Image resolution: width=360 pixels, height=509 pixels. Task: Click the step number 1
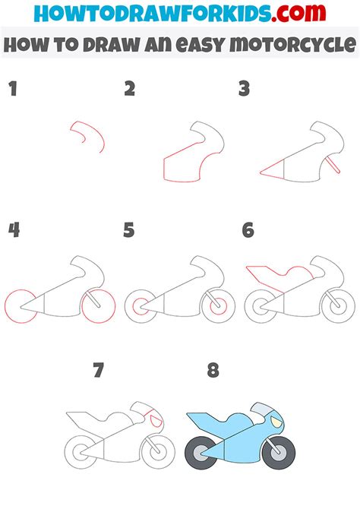point(12,90)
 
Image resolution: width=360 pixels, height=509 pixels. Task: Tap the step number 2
point(130,90)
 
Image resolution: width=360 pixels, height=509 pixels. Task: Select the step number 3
point(245,90)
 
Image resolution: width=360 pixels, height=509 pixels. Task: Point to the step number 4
point(13,230)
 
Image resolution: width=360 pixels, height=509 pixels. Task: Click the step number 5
point(129,230)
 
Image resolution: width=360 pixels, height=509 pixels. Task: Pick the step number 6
point(248,230)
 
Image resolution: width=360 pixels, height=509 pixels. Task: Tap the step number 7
point(98,371)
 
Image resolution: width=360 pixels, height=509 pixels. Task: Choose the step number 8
point(213,371)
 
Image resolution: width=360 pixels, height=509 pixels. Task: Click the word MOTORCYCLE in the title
point(291,44)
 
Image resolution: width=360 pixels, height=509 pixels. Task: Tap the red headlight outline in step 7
point(156,418)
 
